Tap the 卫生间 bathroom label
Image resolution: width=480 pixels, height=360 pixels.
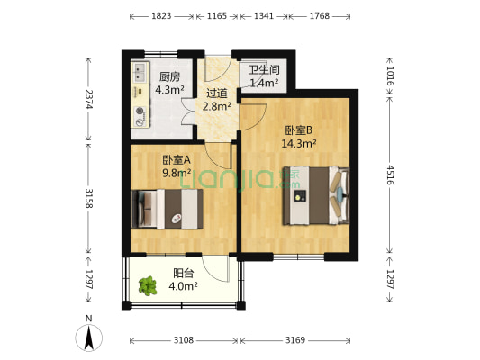coord(264,70)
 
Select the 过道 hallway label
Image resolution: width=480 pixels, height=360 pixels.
coord(217,93)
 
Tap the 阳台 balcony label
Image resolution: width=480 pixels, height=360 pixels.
coord(183,274)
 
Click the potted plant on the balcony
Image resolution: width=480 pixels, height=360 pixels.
coord(147,287)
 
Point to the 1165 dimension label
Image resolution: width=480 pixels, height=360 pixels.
coord(217,16)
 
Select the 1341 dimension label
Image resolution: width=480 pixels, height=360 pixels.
coord(264,16)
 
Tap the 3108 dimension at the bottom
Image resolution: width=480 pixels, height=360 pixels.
coord(183,340)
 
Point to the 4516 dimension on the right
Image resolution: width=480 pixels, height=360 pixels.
coord(390,173)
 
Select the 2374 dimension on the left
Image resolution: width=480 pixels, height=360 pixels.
coord(88,100)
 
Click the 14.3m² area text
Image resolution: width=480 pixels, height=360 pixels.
coord(298,142)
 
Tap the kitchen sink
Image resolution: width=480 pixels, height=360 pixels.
coord(140,73)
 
